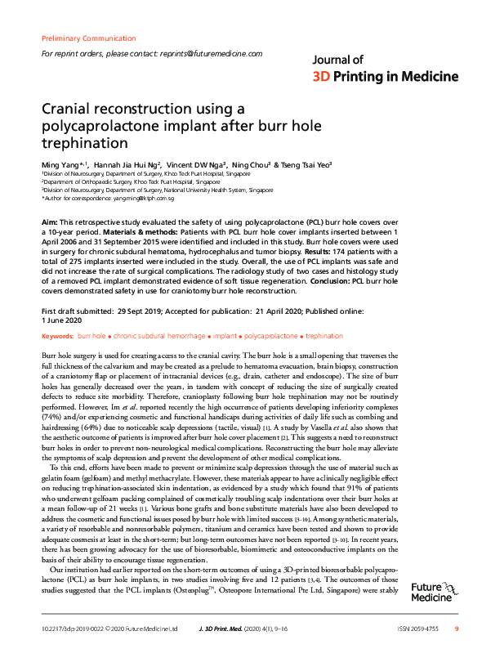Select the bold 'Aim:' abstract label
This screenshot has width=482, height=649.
tap(49, 222)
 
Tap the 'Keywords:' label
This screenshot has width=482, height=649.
tap(56, 335)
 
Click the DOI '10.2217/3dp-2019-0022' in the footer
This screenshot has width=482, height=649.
tap(72, 629)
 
